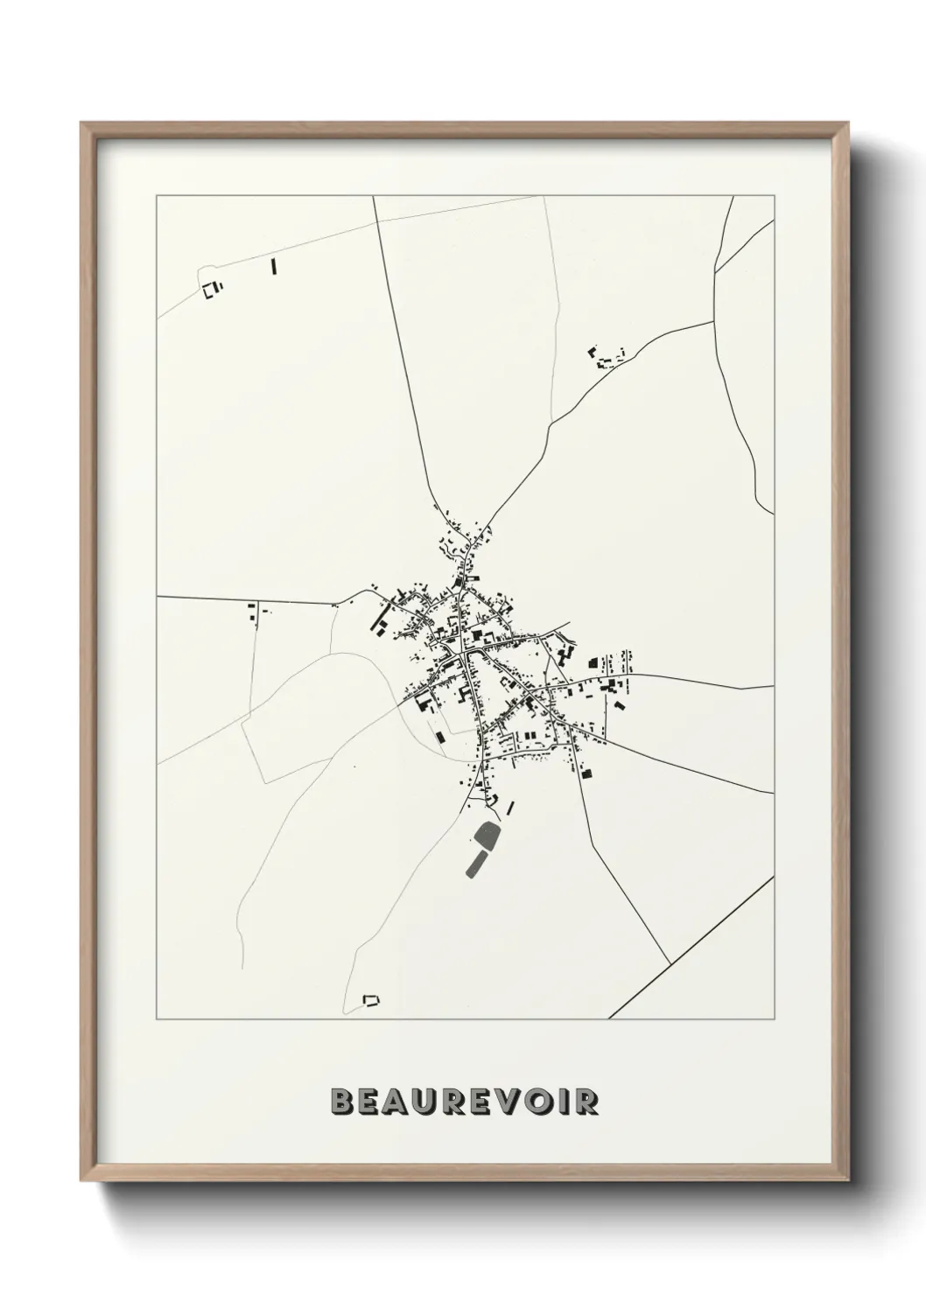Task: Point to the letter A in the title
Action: click(x=398, y=1102)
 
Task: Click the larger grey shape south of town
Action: click(x=486, y=836)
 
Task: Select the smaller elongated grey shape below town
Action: click(x=477, y=863)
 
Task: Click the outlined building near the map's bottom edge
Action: click(x=372, y=999)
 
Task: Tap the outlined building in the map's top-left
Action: click(x=210, y=290)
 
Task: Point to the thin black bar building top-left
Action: click(x=274, y=266)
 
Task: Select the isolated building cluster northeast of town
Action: click(x=604, y=357)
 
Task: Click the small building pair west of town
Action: click(x=253, y=612)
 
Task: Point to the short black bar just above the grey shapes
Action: click(x=510, y=809)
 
